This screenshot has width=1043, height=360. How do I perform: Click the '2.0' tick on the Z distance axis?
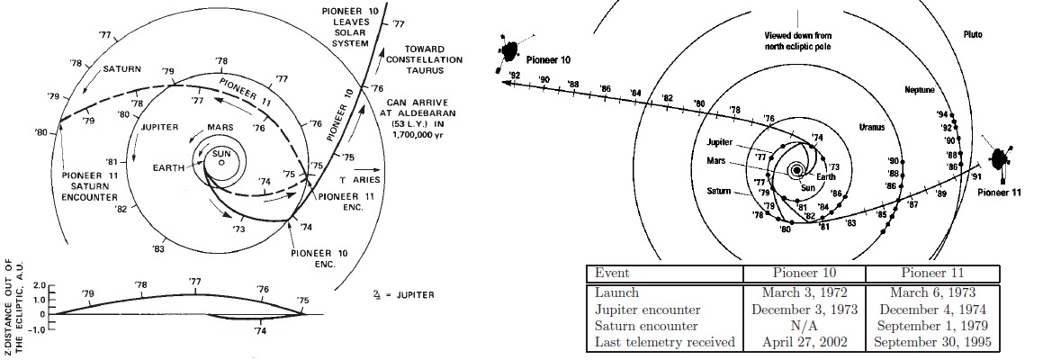click(x=38, y=286)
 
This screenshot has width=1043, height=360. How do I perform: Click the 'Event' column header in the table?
click(x=612, y=274)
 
